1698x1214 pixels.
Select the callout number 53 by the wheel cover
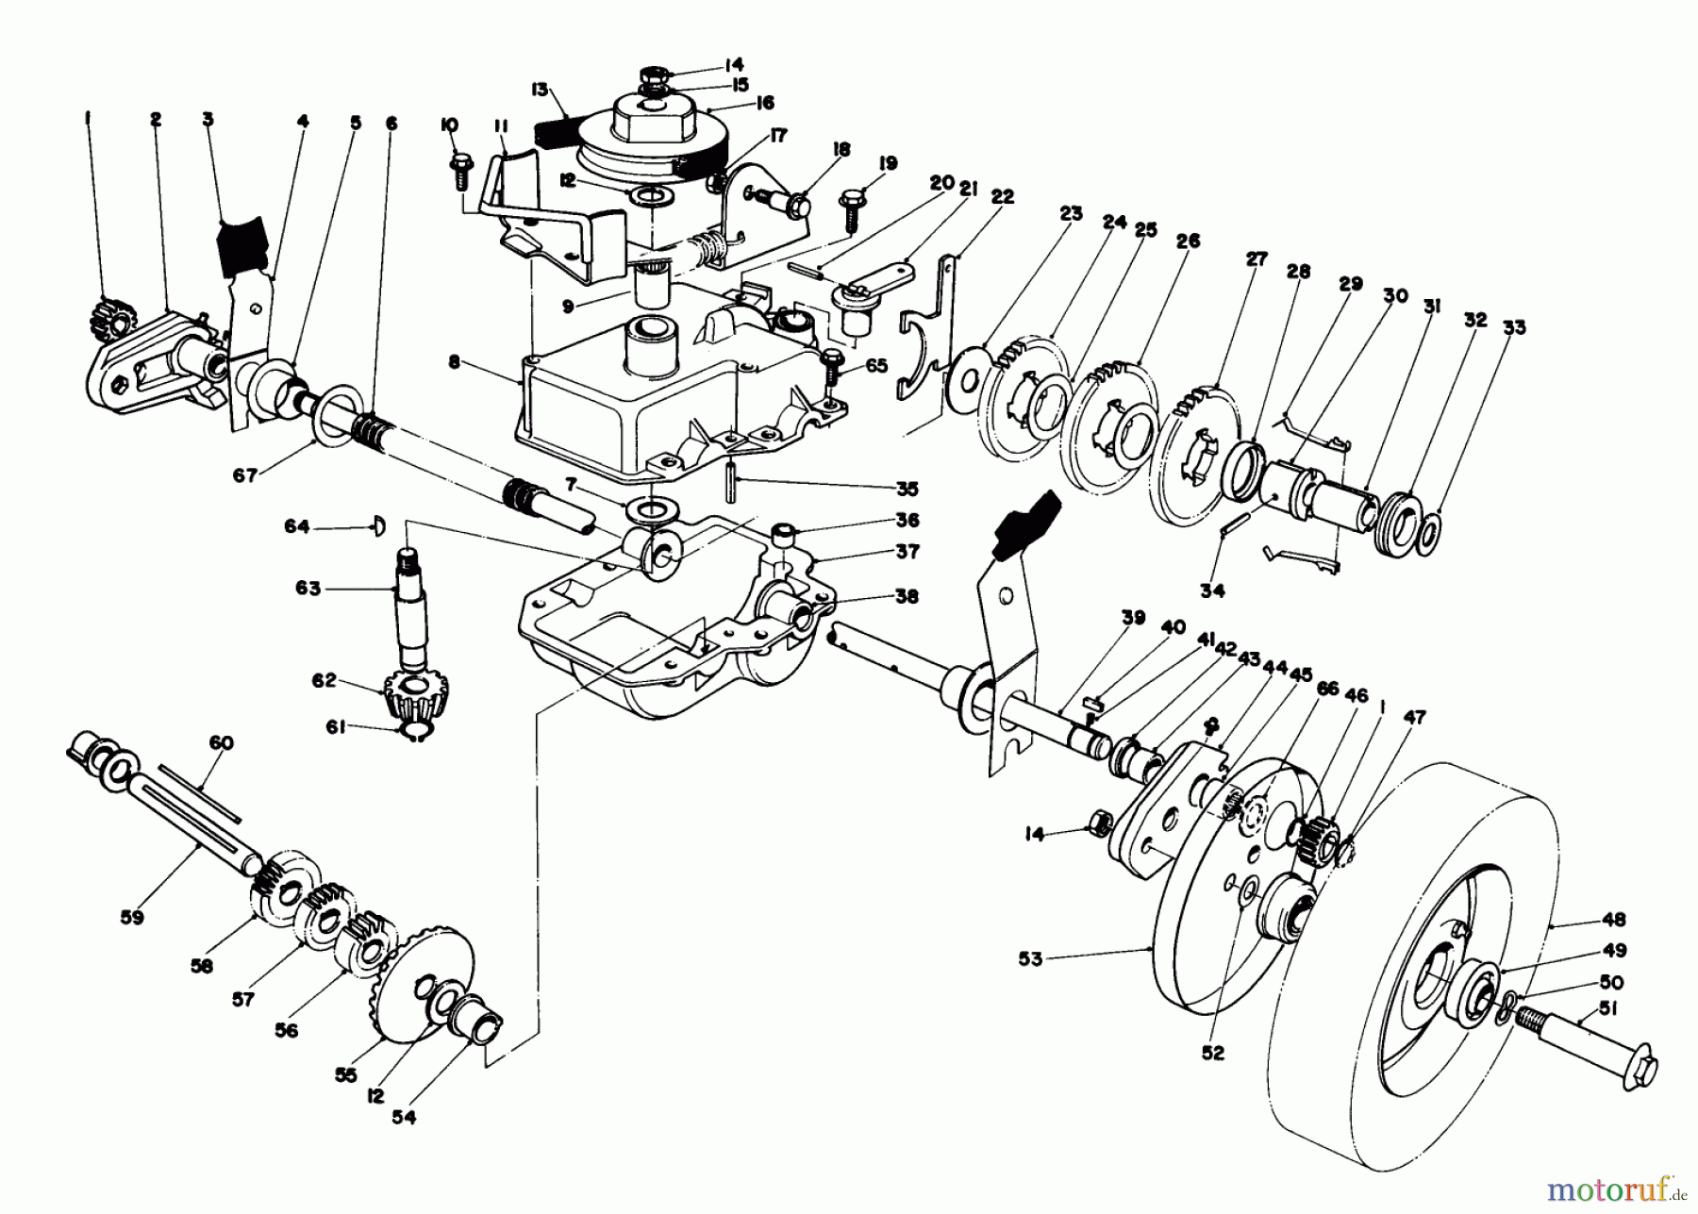pos(1030,959)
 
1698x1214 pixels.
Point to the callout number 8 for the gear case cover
pos(454,362)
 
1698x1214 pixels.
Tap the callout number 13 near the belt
pos(540,91)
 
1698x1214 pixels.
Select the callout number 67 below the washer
pos(245,476)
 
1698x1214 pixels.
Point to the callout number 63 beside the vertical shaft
pos(308,588)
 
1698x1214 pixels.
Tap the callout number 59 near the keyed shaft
pos(132,916)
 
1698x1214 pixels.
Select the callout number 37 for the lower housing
pos(907,552)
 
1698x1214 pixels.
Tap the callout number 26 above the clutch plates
pos(1188,241)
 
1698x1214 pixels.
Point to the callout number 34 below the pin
pos(1212,591)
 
